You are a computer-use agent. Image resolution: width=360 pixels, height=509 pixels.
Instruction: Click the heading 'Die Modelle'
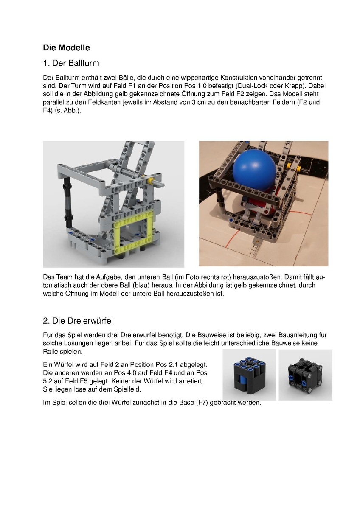(66, 48)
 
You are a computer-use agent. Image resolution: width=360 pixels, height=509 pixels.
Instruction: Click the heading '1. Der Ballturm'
(71, 64)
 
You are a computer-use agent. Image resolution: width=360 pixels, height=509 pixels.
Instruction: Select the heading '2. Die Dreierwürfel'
(78, 320)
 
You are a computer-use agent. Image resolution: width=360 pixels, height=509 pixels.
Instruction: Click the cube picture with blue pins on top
(249, 375)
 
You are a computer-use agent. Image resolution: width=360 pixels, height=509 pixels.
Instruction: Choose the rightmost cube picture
(305, 375)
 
